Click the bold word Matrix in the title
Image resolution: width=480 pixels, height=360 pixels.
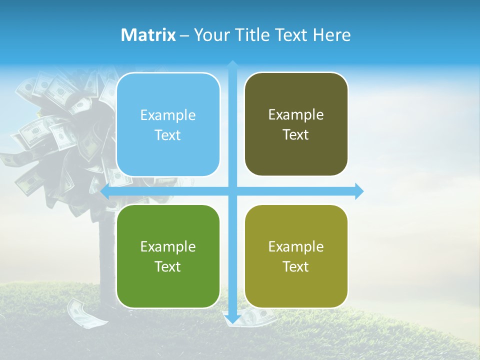148,35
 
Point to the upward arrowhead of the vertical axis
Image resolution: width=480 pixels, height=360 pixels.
232,64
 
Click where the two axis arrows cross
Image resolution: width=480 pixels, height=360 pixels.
232,191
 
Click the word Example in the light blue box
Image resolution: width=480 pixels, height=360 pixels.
168,115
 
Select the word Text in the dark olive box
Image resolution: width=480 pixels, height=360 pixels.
296,135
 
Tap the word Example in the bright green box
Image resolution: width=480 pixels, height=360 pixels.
168,246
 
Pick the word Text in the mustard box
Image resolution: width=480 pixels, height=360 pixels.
296,266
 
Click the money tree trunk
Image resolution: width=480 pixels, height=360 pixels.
107,250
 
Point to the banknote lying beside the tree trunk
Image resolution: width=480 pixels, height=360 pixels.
81,313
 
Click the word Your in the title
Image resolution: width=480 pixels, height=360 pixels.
211,35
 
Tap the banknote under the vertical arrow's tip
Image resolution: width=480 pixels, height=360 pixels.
255,317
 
